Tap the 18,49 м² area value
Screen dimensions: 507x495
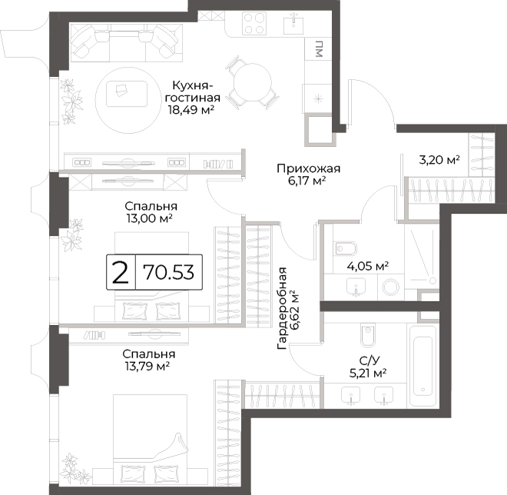coord(191,110)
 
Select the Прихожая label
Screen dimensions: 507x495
coord(309,168)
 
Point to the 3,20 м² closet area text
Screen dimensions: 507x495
coord(439,160)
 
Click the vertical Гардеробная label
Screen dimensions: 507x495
coord(282,308)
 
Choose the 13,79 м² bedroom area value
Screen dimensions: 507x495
coord(147,366)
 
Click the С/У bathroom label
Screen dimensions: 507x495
coord(369,360)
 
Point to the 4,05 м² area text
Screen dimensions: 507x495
coord(368,266)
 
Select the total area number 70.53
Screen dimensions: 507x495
coord(169,272)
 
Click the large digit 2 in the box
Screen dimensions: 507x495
coord(121,272)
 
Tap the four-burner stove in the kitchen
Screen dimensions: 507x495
coord(254,23)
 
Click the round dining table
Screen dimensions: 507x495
coord(253,81)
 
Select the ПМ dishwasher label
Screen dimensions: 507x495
coord(319,49)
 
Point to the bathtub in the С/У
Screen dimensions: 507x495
coord(423,364)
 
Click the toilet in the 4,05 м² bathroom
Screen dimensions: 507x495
coord(346,249)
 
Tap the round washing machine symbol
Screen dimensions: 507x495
coord(390,287)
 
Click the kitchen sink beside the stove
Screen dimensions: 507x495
coord(293,23)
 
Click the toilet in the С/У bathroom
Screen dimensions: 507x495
coord(367,334)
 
